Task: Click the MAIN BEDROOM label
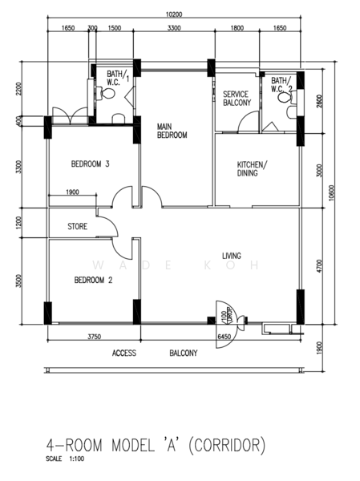(x=172, y=131)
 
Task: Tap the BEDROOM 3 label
(x=90, y=164)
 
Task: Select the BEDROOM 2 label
(x=92, y=280)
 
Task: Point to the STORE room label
(x=78, y=226)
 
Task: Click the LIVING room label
(x=232, y=257)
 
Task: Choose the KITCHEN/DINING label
(x=253, y=168)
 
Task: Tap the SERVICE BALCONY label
(x=237, y=98)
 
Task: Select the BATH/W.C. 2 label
(x=281, y=84)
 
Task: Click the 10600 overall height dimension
(x=332, y=196)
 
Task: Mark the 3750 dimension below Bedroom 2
(x=94, y=338)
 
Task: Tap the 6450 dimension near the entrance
(x=227, y=338)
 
